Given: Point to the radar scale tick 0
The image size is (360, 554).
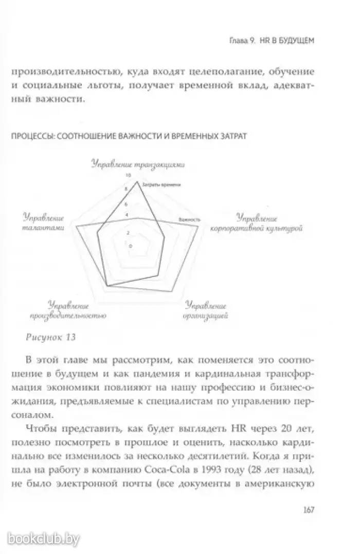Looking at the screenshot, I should click(x=130, y=246).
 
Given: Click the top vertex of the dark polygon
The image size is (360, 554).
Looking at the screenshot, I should click(x=137, y=181).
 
